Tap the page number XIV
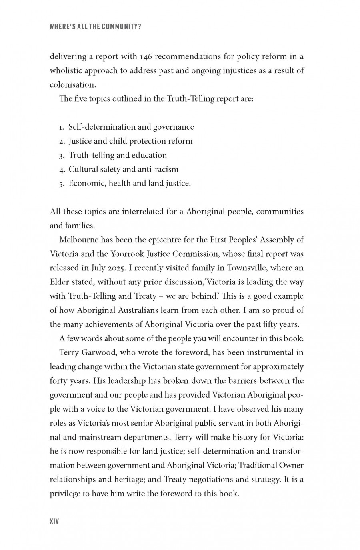click(x=54, y=521)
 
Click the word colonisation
click(x=72, y=85)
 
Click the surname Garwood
click(x=98, y=352)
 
